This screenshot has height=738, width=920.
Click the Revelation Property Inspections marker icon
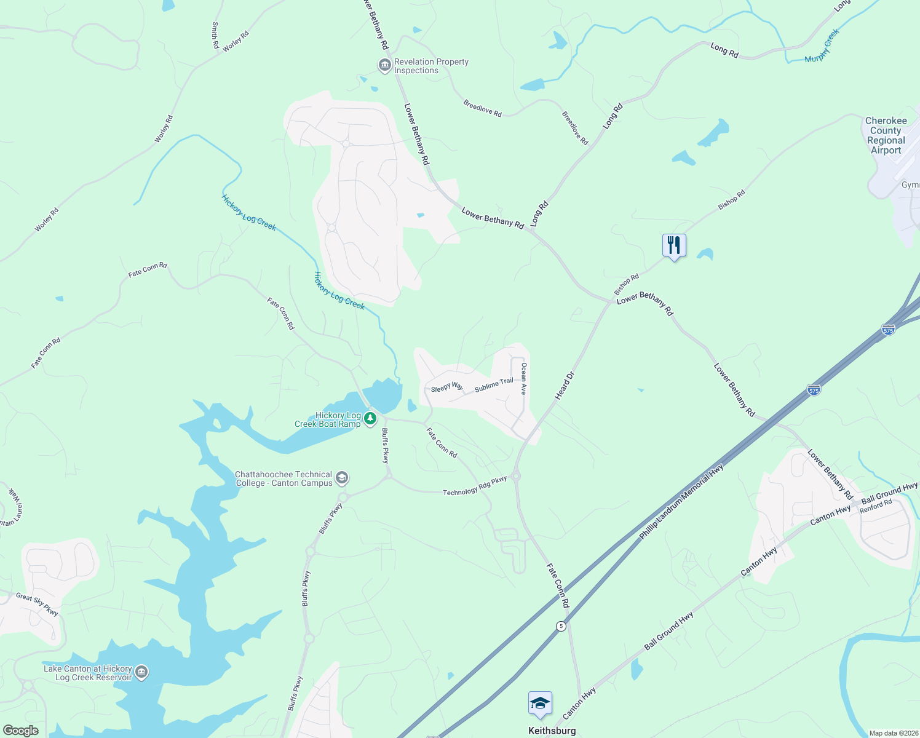point(385,65)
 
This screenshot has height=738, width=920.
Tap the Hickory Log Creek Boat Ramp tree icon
point(370,419)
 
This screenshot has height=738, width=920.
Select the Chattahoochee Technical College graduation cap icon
point(342,478)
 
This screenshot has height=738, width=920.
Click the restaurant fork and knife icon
point(674,245)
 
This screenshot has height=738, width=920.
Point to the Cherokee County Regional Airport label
point(886,135)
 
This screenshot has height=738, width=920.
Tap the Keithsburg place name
point(552,731)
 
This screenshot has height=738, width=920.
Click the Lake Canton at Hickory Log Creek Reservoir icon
point(141,672)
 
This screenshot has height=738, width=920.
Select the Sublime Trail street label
point(494,386)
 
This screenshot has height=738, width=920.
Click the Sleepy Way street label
point(447,387)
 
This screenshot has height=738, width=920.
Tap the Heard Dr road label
point(564,386)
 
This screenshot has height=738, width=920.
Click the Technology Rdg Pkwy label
point(475,486)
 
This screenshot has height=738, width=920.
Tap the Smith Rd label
point(215,36)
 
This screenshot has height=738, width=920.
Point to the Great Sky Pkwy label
point(37,605)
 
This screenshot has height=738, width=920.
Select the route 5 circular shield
point(561,626)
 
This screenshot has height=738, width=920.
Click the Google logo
point(20,731)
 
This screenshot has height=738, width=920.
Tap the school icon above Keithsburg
point(540,703)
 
